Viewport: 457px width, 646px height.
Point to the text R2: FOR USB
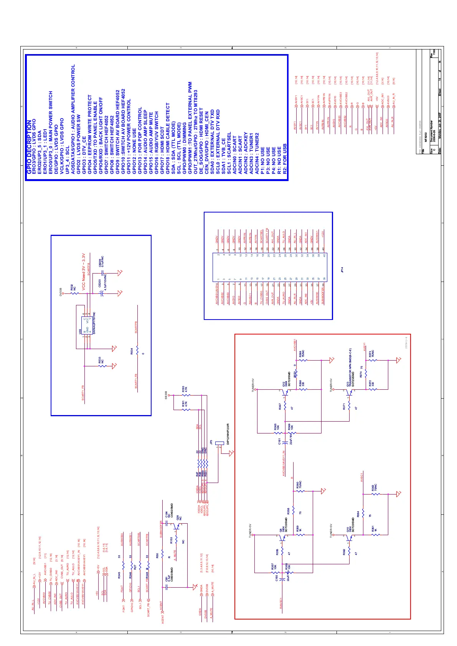[x=285, y=160]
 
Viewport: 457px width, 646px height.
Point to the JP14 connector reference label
[x=342, y=270]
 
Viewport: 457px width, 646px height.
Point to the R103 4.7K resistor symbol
[x=185, y=395]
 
